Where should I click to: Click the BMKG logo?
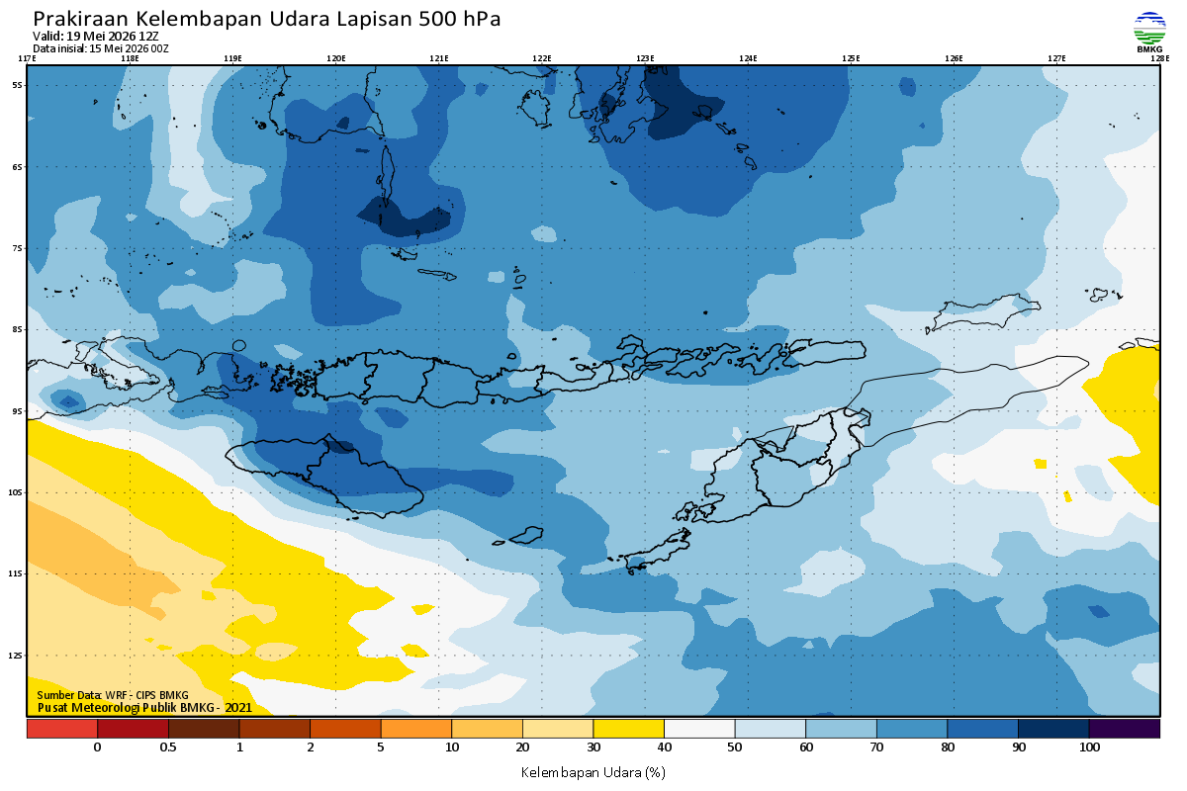(x=1149, y=32)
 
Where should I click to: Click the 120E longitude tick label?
(x=336, y=58)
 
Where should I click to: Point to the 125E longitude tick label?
(x=851, y=58)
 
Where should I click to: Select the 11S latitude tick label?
(x=16, y=573)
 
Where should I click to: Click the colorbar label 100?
(x=1089, y=747)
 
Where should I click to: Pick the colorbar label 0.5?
(x=168, y=747)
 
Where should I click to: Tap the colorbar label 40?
(x=664, y=747)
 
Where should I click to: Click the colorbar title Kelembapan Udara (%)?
(x=593, y=772)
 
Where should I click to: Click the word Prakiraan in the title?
(x=80, y=19)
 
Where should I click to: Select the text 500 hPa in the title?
(x=459, y=19)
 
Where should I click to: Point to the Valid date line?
(x=95, y=37)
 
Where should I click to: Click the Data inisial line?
(x=101, y=48)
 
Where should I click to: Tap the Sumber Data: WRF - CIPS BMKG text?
(x=113, y=695)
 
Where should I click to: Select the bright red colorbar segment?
(x=62, y=729)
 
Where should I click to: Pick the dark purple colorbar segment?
(x=1125, y=729)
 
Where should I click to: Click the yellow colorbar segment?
(x=628, y=729)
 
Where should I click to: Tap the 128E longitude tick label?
(x=1159, y=58)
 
